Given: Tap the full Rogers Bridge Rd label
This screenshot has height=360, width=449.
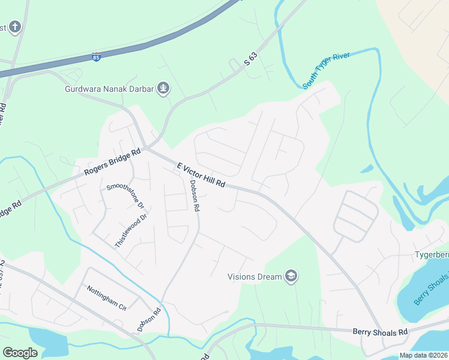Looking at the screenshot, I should [x=112, y=162].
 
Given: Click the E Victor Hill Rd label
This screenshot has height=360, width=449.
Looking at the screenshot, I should [x=200, y=175].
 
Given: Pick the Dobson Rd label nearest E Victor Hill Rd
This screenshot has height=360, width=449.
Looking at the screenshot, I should [x=194, y=196].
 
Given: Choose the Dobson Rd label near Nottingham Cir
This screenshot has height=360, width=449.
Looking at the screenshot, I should [x=149, y=320].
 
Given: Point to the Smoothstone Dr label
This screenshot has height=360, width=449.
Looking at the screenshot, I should [x=126, y=195].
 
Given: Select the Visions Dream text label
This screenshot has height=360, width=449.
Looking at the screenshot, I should [x=255, y=277].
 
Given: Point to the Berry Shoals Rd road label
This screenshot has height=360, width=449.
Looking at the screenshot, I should [x=380, y=331].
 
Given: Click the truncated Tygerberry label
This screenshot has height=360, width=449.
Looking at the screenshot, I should [x=431, y=255].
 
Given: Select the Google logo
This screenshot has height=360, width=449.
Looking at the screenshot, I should [x=20, y=353].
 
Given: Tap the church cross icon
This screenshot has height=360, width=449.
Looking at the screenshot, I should [x=15, y=27].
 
